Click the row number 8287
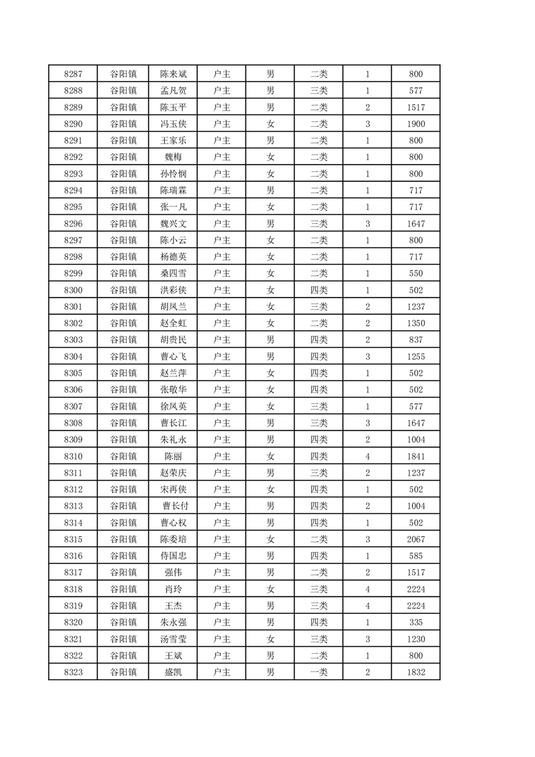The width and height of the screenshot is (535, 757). click(73, 74)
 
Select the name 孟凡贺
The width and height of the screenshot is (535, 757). click(173, 90)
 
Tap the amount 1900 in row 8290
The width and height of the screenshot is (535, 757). click(416, 124)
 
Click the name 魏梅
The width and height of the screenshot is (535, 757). click(173, 157)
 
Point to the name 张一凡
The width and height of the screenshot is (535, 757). click(173, 207)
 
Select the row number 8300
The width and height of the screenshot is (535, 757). click(73, 290)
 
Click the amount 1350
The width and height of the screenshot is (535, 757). click(416, 323)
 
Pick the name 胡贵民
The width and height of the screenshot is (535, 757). click(173, 340)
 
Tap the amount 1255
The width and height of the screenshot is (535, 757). click(416, 356)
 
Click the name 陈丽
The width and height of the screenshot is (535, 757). click(173, 456)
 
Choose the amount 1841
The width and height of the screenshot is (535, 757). click(416, 456)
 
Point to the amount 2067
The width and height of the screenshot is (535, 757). click(416, 539)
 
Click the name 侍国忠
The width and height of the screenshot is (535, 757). click(173, 556)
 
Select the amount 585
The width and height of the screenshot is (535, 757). click(416, 556)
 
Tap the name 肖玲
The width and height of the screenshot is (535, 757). click(173, 589)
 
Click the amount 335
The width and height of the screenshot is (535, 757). click(416, 622)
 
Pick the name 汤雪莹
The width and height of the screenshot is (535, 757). click(173, 639)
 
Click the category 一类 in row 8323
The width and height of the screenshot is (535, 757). click(318, 672)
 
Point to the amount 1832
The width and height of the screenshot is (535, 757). click(416, 672)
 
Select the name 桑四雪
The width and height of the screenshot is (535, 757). click(173, 273)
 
